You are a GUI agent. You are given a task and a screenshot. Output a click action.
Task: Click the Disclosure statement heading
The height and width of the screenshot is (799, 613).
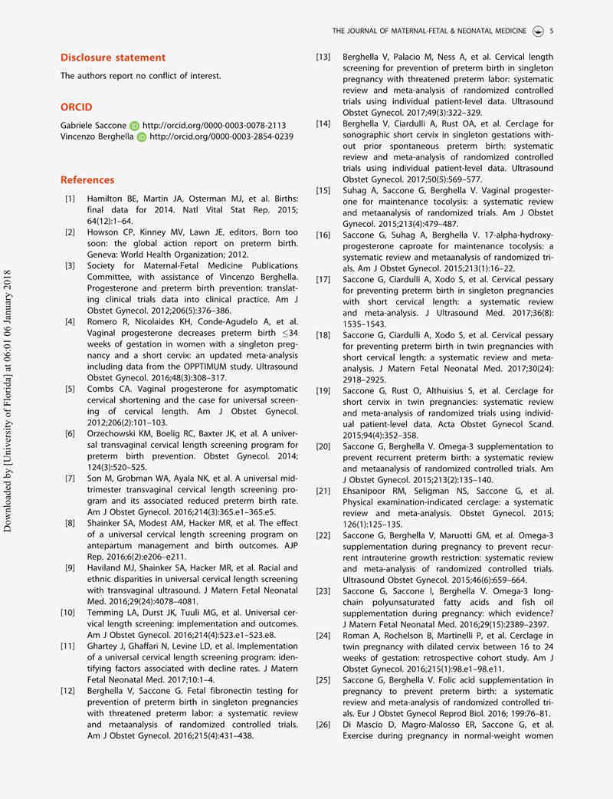point(113,58)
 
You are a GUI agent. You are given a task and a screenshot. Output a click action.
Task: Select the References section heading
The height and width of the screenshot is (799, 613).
point(87,180)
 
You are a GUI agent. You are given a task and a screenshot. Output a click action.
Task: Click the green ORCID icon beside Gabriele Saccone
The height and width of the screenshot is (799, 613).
point(135,125)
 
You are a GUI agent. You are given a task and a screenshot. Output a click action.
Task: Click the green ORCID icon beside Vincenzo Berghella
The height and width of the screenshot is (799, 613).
point(142,136)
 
